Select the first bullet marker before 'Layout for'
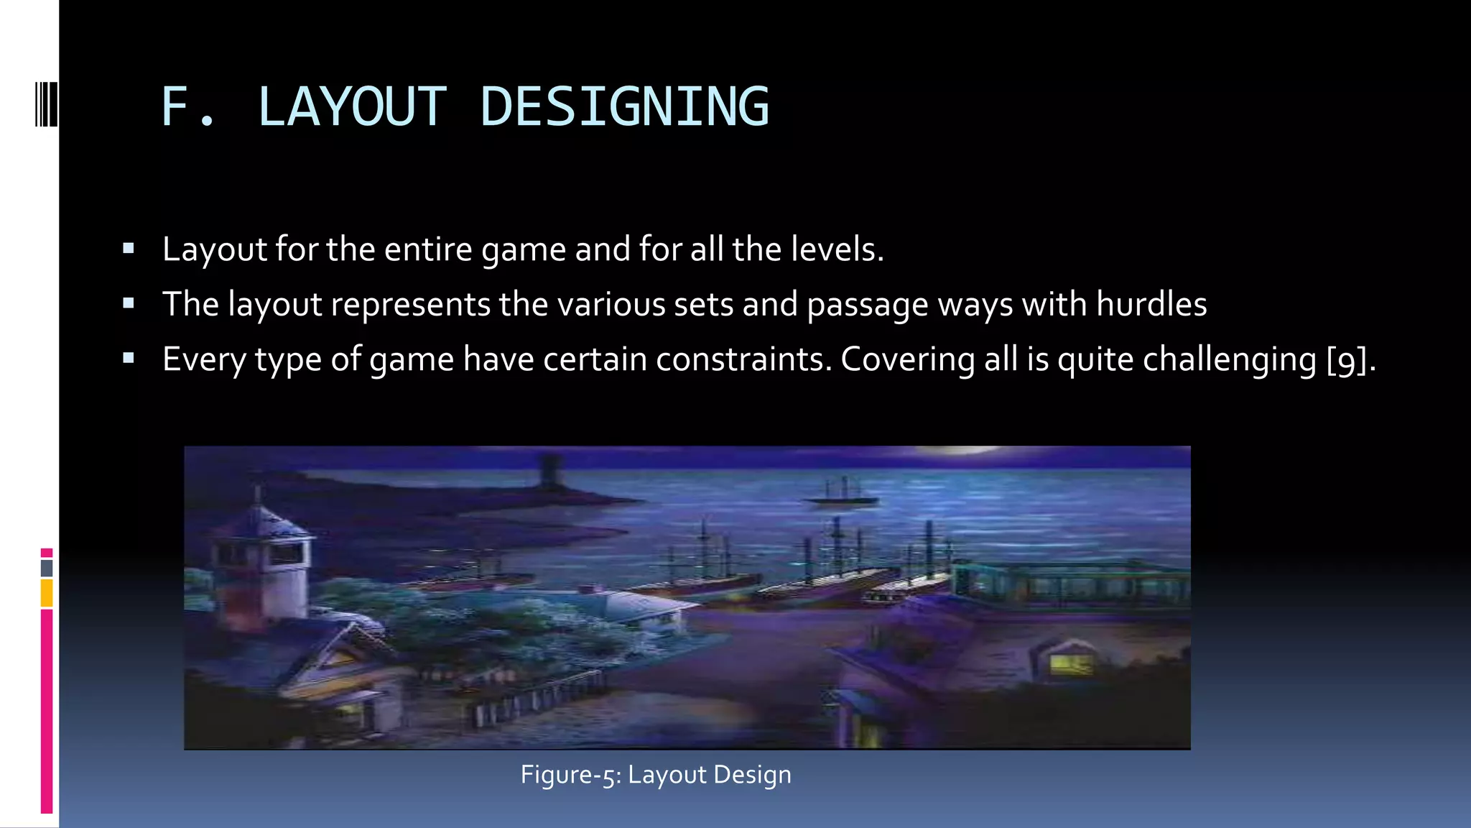click(x=129, y=249)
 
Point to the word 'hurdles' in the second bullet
click(x=1151, y=304)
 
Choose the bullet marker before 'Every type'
click(x=129, y=359)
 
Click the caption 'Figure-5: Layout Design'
click(x=656, y=775)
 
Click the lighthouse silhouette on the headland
click(x=550, y=471)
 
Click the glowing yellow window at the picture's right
click(x=1070, y=663)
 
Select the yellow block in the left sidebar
click(x=47, y=594)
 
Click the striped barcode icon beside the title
click(x=47, y=105)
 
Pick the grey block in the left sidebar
click(x=47, y=568)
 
